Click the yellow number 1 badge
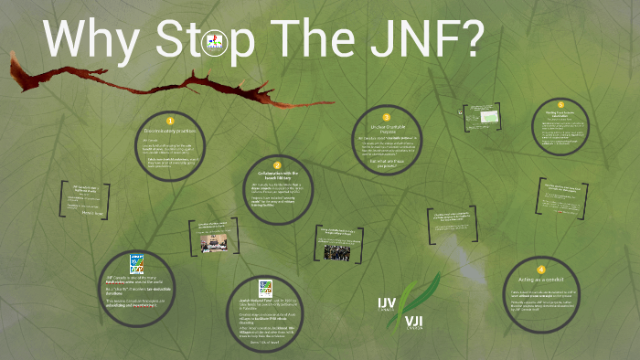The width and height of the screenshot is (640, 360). click(169, 120)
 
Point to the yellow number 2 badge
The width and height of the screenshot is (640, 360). click(277, 165)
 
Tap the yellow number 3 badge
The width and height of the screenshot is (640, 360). click(387, 118)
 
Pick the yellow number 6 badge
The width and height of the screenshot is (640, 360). click(561, 105)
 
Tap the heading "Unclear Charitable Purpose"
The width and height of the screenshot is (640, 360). click(387, 129)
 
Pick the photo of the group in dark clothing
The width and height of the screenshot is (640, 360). click(343, 250)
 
